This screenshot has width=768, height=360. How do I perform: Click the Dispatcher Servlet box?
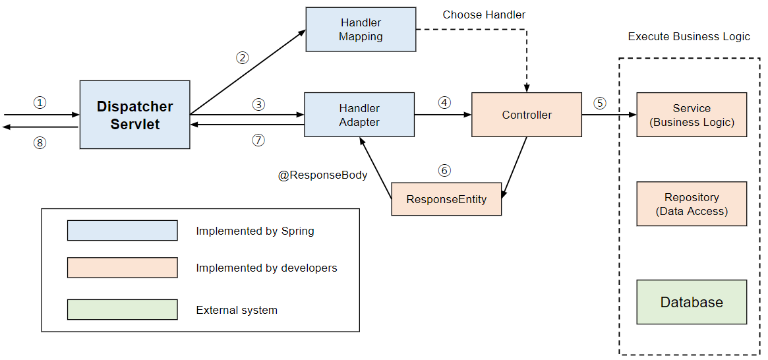click(x=134, y=115)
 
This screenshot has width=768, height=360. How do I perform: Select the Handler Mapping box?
click(x=361, y=30)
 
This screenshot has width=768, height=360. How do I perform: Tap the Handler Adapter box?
click(x=359, y=115)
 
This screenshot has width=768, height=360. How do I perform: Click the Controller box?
click(x=527, y=115)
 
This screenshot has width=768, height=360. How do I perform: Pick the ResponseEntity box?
click(x=446, y=199)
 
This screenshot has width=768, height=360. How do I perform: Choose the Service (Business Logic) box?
click(x=692, y=115)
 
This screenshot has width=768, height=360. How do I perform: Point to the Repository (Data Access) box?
click(x=692, y=204)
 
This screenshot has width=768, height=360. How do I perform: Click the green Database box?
click(x=692, y=302)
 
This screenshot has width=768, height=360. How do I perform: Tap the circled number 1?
click(x=40, y=103)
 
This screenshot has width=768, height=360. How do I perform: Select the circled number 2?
click(x=243, y=57)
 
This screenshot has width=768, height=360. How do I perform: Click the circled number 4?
click(x=445, y=103)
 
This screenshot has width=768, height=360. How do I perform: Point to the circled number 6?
click(x=445, y=171)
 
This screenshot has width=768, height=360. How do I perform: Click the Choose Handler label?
click(x=484, y=15)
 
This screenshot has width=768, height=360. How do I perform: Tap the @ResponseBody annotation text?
click(x=322, y=176)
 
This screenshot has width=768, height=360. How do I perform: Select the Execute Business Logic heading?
click(x=689, y=37)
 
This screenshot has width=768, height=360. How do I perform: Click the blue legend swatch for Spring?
click(x=122, y=231)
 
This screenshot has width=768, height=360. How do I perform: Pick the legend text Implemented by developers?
click(x=266, y=268)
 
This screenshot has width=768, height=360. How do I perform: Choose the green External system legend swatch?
click(x=122, y=310)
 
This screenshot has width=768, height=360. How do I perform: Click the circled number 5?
click(x=599, y=103)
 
